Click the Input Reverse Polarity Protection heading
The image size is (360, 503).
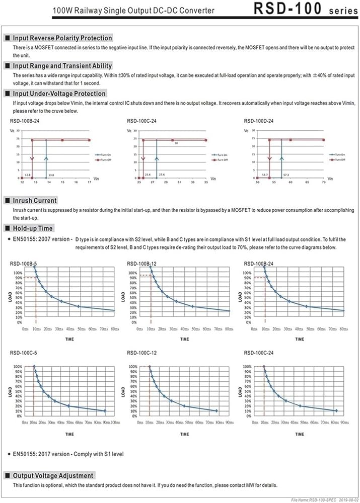tap(62, 38)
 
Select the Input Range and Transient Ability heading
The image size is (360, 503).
tap(62, 65)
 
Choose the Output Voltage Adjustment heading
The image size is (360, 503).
tap(53, 475)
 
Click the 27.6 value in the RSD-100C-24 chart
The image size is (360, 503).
tap(161, 175)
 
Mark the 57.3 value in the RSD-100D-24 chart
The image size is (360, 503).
tap(285, 175)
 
